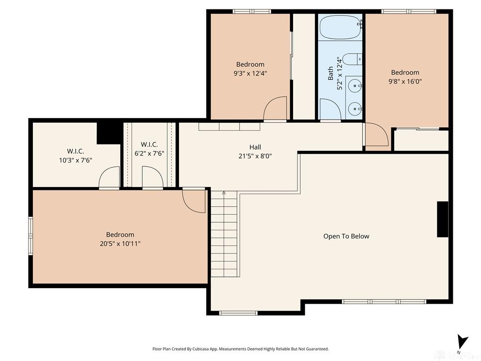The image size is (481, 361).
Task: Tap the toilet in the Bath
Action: (352, 59)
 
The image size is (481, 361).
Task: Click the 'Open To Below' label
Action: (346, 236)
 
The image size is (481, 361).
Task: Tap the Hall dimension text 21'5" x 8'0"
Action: (255, 156)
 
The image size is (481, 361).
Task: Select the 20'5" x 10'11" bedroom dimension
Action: (120, 244)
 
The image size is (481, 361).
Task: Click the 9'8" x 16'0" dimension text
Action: (405, 81)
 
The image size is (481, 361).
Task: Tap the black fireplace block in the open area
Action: (442, 219)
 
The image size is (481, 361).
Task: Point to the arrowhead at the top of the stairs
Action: (224, 193)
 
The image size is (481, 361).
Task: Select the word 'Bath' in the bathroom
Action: (330, 73)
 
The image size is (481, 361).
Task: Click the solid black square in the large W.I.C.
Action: (109, 133)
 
